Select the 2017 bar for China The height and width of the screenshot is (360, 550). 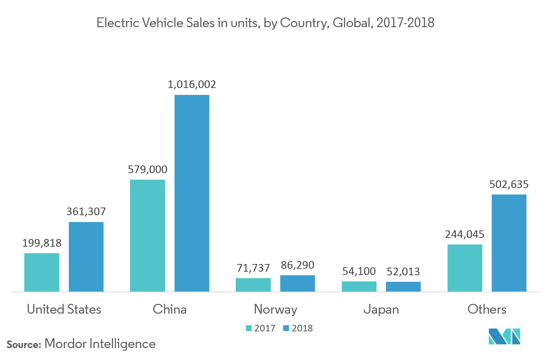point(147,235)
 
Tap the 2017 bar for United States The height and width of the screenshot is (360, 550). point(42,272)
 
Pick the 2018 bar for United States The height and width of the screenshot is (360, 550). point(86,257)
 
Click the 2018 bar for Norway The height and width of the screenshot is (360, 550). point(297,283)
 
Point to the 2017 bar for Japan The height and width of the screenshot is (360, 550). point(359,286)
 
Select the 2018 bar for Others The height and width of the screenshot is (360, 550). point(509,243)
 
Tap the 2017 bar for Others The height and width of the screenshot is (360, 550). point(465,268)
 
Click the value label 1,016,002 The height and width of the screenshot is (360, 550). point(192,84)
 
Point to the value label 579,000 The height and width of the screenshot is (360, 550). point(147,169)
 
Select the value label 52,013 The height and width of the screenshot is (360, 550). point(403,272)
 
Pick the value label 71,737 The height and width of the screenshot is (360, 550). point(253,268)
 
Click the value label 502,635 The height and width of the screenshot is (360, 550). point(509,184)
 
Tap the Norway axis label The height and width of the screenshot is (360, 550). point(275,309)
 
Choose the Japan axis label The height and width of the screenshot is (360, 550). point(381,309)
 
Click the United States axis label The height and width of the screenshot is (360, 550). point(64,309)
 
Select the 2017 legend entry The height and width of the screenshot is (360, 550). point(261,328)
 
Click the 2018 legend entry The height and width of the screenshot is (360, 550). point(298,328)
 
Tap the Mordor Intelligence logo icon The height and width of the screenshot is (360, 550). point(504,336)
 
